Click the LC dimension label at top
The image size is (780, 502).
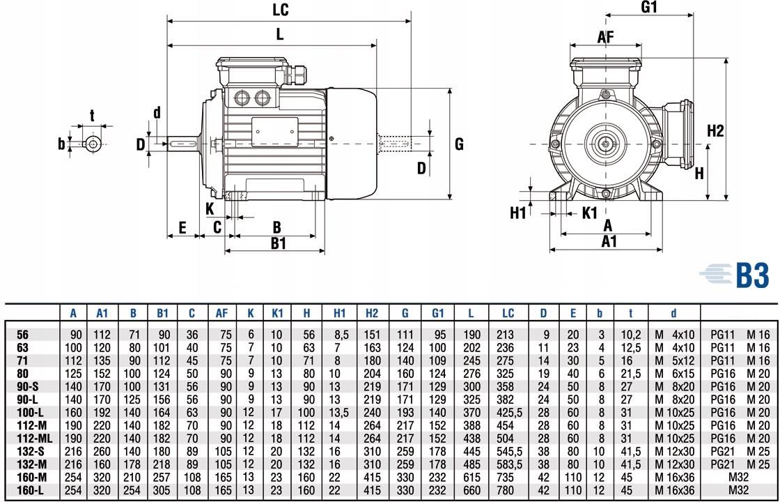281,10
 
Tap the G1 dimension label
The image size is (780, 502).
649,7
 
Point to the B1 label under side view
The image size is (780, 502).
279,243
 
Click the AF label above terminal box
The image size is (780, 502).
606,37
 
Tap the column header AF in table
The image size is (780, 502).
222,314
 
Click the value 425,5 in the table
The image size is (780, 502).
508,413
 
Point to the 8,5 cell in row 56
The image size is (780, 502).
340,335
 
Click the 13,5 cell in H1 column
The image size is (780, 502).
340,413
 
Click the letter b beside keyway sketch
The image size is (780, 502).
61,144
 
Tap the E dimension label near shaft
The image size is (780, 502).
182,227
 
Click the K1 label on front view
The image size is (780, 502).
589,212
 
